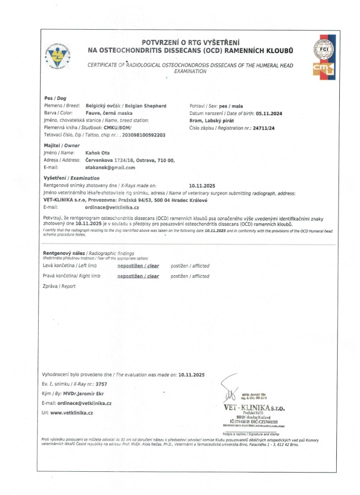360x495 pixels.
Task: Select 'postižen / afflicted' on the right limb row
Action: [x=190, y=276]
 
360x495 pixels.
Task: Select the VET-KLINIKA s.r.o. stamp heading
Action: [x=254, y=407]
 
